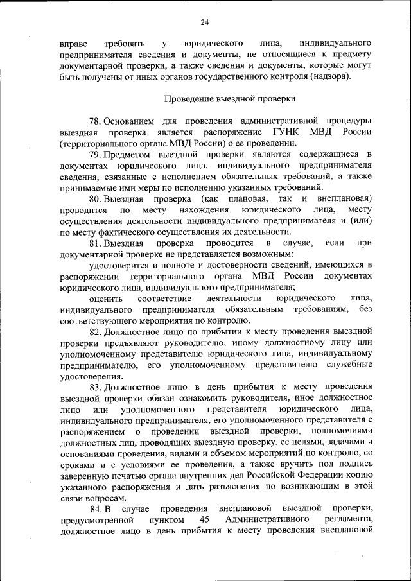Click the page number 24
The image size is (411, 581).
pyautogui.click(x=205, y=23)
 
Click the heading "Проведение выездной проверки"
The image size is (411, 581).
pyautogui.click(x=231, y=99)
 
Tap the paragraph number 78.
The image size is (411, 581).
pyautogui.click(x=96, y=121)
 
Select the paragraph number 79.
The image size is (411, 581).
pyautogui.click(x=96, y=155)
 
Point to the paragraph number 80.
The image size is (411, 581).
pyautogui.click(x=96, y=199)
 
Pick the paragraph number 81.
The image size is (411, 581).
pyautogui.click(x=96, y=243)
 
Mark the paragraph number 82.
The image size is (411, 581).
pyautogui.click(x=96, y=332)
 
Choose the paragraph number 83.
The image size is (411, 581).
pyautogui.click(x=96, y=387)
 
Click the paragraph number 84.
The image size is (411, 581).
pyautogui.click(x=96, y=508)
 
